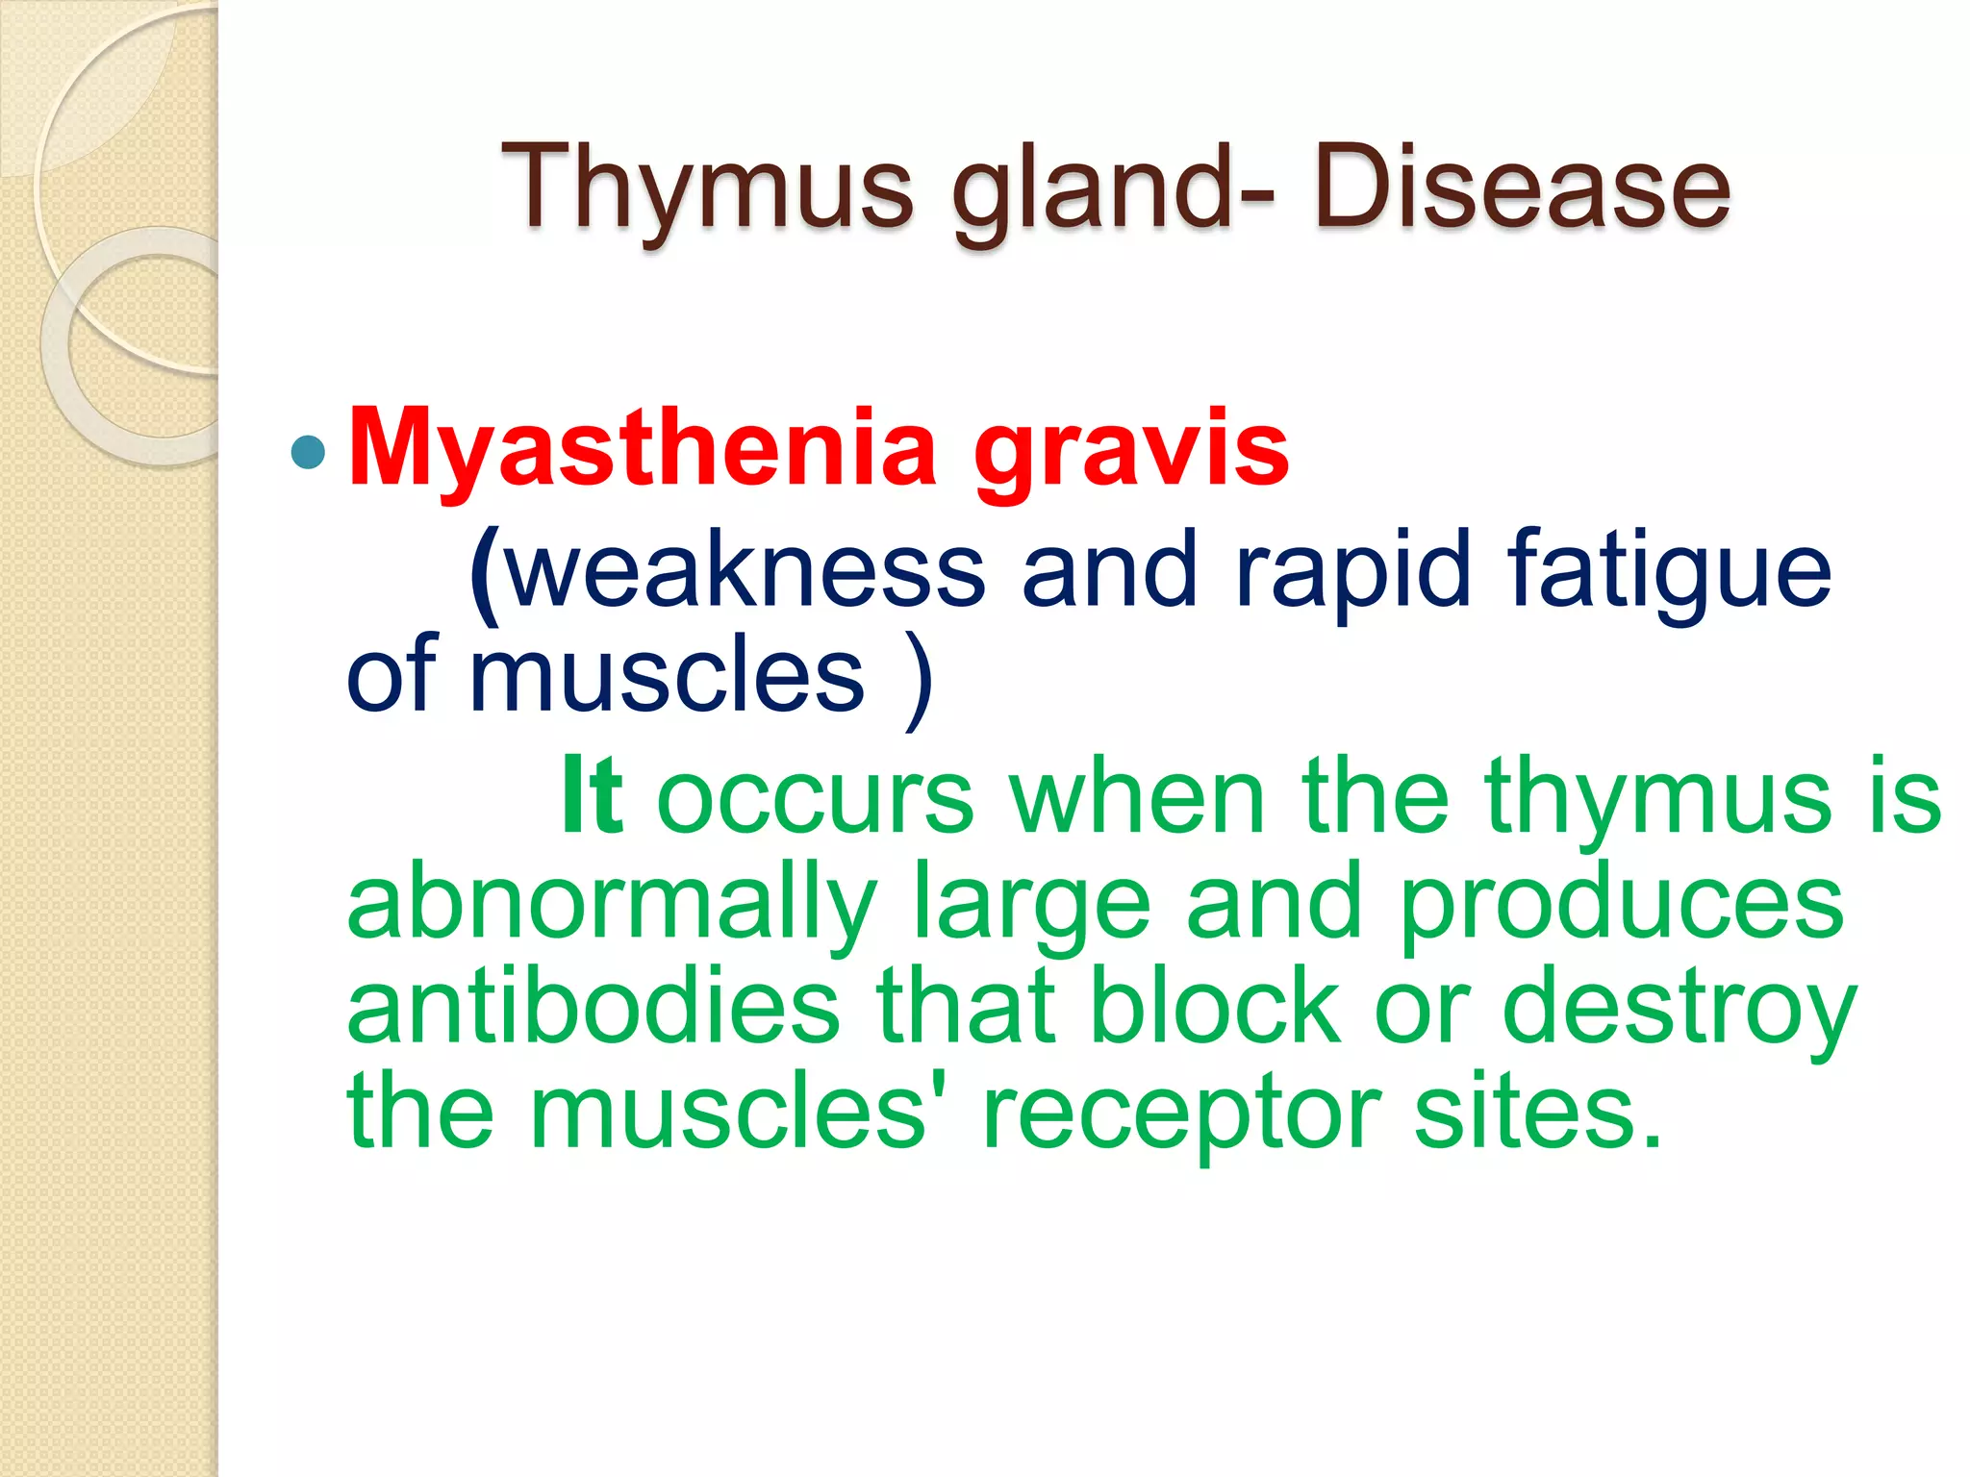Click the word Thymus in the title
click(x=706, y=188)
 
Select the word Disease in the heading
click(x=1522, y=188)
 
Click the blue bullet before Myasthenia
click(x=308, y=452)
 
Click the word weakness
click(x=745, y=573)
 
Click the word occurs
click(x=815, y=798)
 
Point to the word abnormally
click(x=612, y=904)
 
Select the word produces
click(x=1622, y=904)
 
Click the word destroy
click(x=1679, y=1010)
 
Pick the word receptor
click(x=1181, y=1115)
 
